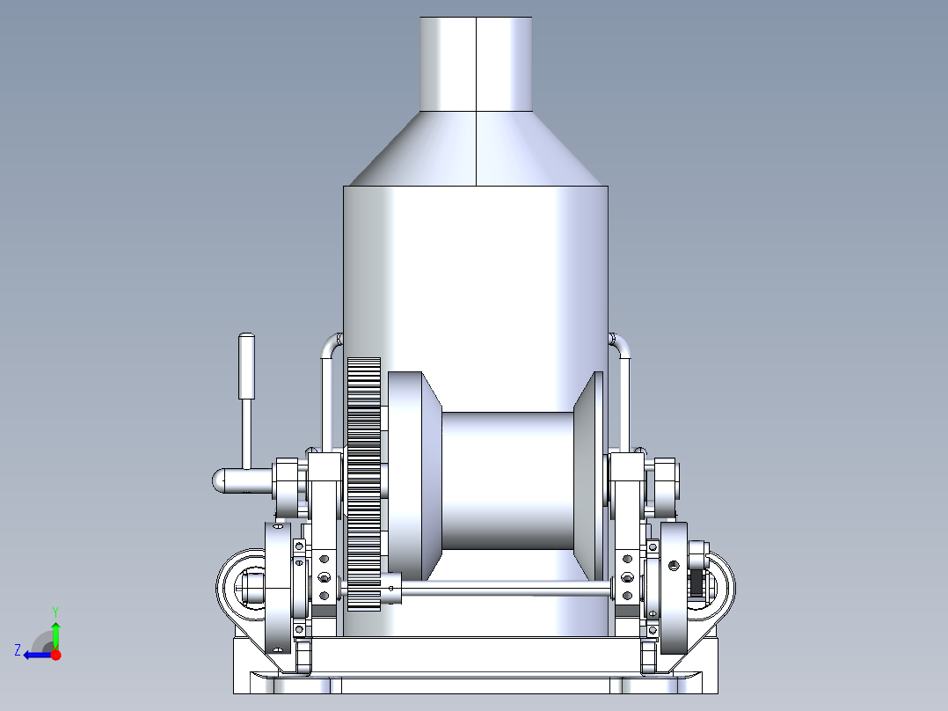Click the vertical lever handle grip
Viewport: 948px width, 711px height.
point(246,366)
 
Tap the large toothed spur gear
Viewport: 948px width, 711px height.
point(364,483)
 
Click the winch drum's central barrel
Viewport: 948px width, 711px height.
point(508,481)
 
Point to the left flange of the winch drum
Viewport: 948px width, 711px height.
point(413,476)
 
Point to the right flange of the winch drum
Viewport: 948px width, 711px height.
point(588,476)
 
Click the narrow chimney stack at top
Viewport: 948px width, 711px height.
point(476,64)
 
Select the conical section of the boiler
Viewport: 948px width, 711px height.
point(476,148)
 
